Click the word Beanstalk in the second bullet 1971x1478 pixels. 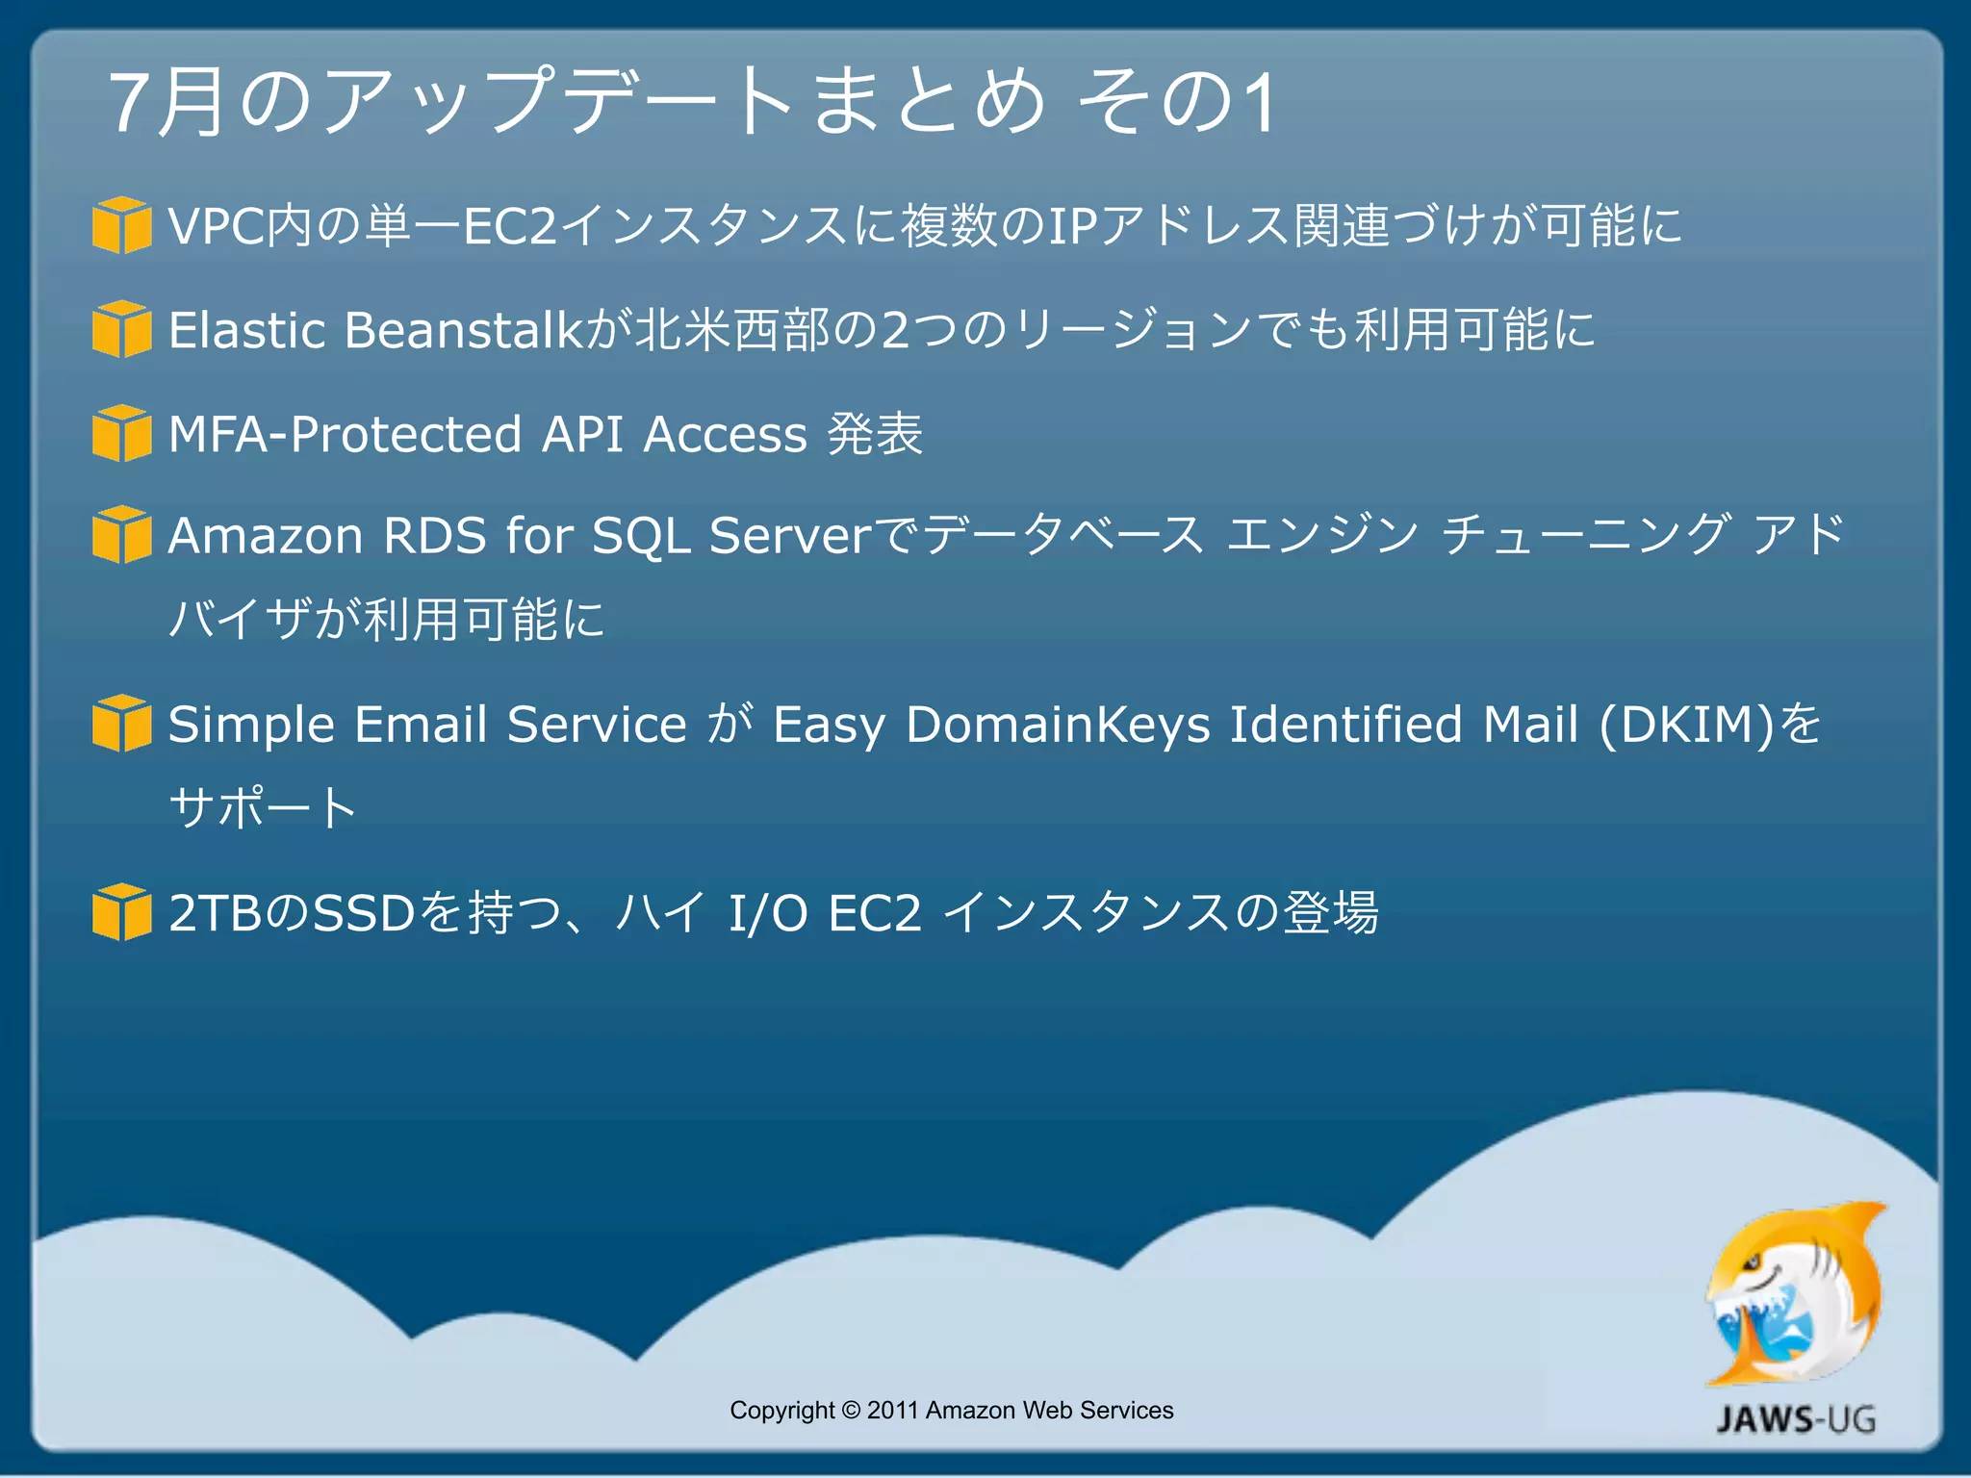(463, 330)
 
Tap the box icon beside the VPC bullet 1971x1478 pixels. (121, 225)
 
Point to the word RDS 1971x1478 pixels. (435, 536)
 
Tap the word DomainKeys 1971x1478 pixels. (1058, 725)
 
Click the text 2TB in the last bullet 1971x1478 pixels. (215, 913)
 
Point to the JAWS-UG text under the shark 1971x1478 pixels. (1796, 1419)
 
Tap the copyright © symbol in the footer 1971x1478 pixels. (851, 1411)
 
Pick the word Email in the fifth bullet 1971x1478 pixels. (421, 725)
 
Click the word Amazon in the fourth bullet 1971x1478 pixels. (265, 536)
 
